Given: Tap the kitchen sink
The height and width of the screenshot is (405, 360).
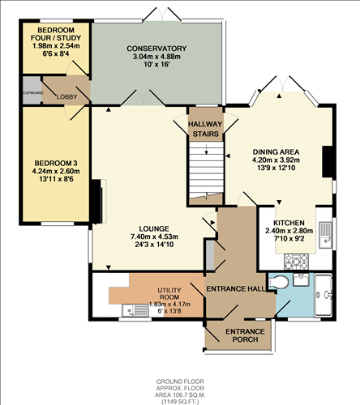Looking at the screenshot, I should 324,234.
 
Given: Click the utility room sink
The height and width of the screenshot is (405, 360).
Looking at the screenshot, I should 132,309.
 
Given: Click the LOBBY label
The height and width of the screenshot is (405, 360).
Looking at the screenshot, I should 66,96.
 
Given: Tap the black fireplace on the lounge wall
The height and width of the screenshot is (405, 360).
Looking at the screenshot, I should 96,202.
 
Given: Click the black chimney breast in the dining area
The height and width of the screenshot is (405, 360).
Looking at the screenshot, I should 328,160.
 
